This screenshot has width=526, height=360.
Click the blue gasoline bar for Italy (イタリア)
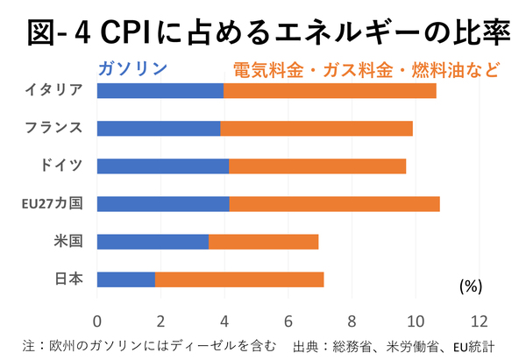160,90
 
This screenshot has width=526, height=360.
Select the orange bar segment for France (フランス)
316,128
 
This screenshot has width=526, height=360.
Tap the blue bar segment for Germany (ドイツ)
162,166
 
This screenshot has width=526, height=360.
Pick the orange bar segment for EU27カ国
334,204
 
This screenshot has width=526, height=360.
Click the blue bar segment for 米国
153,242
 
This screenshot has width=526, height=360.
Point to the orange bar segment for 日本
239,279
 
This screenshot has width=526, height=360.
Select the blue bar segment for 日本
126,279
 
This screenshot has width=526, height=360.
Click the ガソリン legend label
132,67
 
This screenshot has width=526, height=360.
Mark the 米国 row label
68,242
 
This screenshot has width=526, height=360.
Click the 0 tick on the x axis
97,320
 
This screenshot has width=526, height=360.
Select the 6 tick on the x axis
288,320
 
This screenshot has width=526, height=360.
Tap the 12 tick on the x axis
478,320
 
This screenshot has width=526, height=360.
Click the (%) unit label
471,286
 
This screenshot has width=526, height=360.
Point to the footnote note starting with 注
150,343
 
